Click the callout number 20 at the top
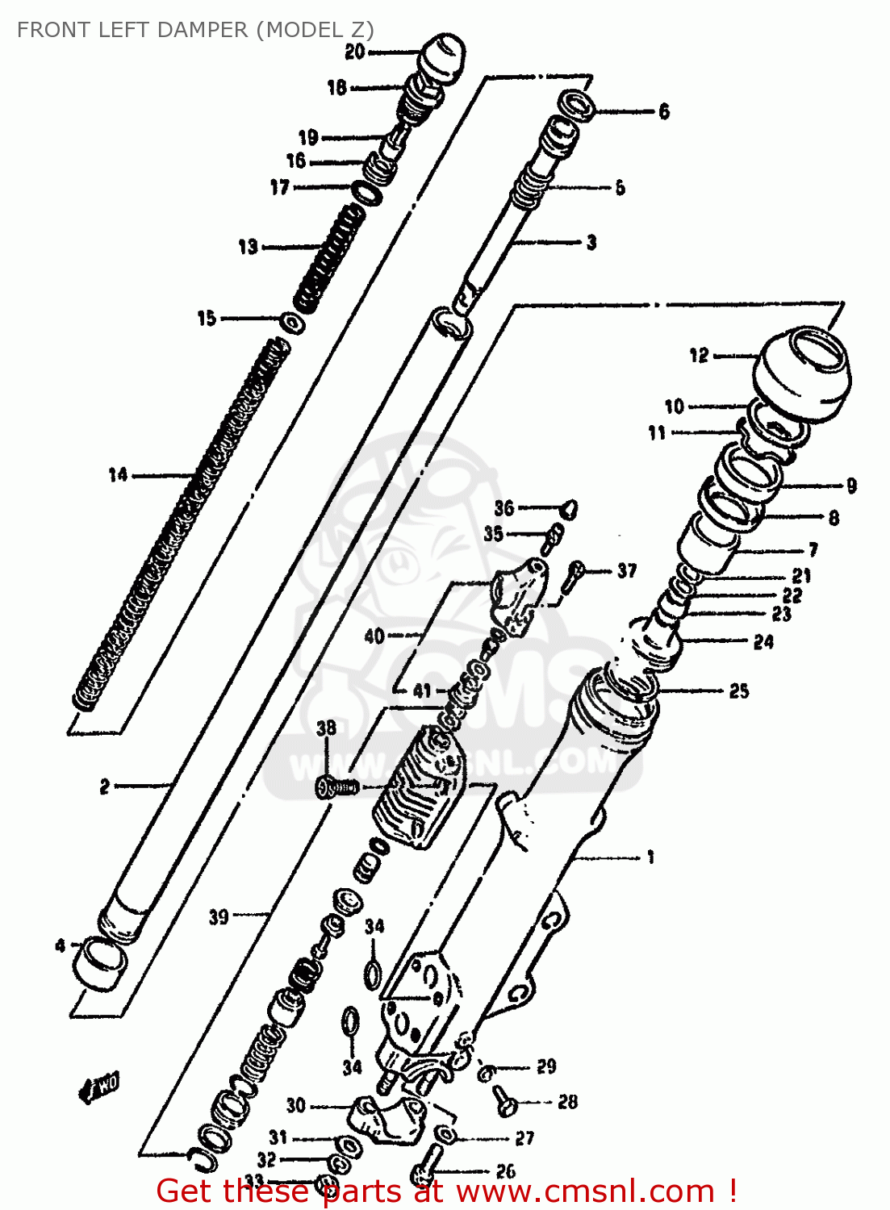click(x=355, y=52)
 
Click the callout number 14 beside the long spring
click(x=118, y=475)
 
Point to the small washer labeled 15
click(x=292, y=322)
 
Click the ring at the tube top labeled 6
click(x=579, y=106)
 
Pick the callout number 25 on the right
click(x=738, y=691)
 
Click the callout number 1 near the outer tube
click(x=650, y=857)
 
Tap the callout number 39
click(x=219, y=916)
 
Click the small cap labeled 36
click(x=569, y=508)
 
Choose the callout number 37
click(x=627, y=571)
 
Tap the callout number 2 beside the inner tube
click(x=104, y=786)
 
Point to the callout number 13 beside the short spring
click(x=248, y=247)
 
